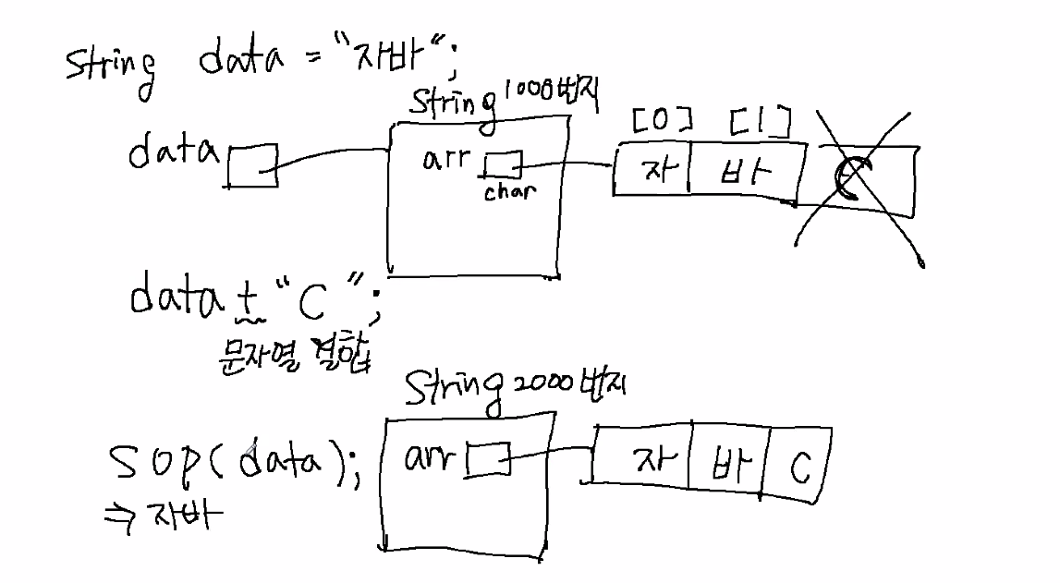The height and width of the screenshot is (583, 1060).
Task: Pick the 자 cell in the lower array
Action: coord(643,459)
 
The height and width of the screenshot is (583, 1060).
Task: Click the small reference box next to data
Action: coord(251,164)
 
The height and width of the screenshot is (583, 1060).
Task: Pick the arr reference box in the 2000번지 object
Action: coord(488,458)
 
